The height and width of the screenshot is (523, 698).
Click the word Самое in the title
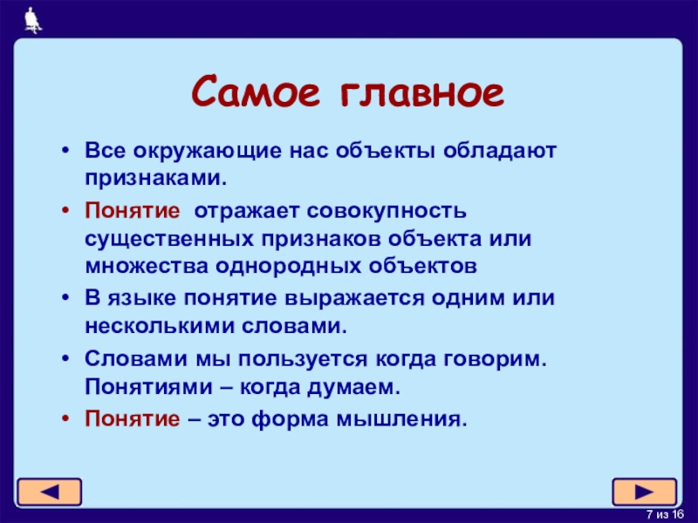click(x=256, y=92)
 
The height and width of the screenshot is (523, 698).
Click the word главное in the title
click(x=422, y=92)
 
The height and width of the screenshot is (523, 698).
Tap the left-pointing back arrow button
click(x=50, y=492)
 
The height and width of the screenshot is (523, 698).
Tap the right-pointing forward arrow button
click(x=645, y=492)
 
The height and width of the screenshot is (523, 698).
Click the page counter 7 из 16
click(x=665, y=514)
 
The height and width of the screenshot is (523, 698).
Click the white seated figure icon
click(x=33, y=20)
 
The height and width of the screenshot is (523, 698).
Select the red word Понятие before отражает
click(x=133, y=210)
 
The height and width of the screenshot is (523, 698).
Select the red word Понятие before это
click(x=133, y=418)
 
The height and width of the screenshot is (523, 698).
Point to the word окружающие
click(x=207, y=151)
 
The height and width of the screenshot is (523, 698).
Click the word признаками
click(x=156, y=179)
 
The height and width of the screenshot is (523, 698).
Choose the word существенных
click(x=169, y=239)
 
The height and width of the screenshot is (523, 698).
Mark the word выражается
click(x=354, y=299)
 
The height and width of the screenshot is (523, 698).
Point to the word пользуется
click(x=303, y=359)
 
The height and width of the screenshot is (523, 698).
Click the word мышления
click(x=401, y=419)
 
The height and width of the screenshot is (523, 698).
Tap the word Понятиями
click(x=148, y=387)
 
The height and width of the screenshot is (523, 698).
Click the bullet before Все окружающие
click(x=66, y=150)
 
